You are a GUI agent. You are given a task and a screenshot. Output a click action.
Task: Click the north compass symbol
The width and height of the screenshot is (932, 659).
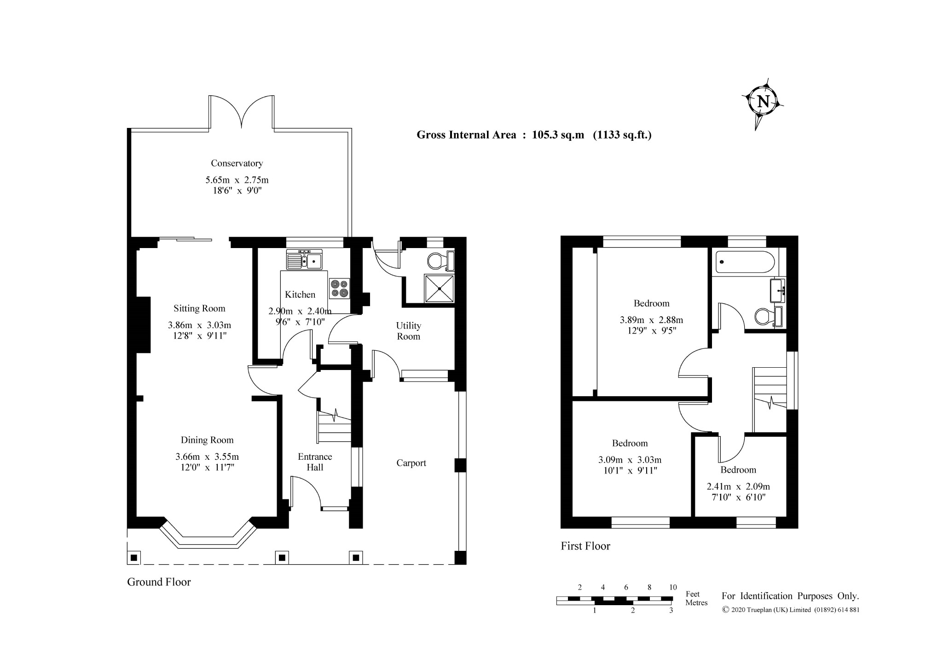[763, 101]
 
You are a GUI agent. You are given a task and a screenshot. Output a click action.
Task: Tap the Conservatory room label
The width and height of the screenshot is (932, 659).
[237, 163]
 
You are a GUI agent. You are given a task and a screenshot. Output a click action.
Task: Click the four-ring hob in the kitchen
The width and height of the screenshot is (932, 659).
[339, 289]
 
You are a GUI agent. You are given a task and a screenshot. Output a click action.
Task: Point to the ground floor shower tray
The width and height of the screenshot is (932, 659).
[439, 289]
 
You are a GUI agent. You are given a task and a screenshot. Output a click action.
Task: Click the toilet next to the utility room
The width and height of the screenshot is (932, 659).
[441, 261]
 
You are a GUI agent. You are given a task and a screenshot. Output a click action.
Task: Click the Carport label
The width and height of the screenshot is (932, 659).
[411, 463]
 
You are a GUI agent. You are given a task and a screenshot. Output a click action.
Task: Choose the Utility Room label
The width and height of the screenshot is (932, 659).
[408, 331]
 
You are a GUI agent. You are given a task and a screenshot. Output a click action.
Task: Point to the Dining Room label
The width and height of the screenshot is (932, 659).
[207, 440]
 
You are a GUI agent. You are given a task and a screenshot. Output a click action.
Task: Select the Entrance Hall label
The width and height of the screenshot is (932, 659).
[315, 462]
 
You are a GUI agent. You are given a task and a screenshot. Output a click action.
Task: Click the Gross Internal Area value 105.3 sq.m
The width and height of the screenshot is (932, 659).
[558, 135]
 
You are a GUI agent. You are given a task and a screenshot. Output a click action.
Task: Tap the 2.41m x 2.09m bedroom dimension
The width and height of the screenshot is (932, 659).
[738, 486]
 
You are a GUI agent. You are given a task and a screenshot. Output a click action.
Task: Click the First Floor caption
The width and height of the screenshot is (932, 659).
[585, 546]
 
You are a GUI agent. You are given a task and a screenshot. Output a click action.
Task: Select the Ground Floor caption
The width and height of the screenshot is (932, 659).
[159, 582]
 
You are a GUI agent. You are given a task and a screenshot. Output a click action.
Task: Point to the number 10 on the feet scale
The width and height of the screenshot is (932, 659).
[673, 587]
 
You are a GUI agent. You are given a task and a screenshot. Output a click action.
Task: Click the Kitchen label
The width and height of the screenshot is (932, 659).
[300, 295]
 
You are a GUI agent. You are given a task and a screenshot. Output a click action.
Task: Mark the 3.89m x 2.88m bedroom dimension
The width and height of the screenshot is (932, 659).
[651, 320]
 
